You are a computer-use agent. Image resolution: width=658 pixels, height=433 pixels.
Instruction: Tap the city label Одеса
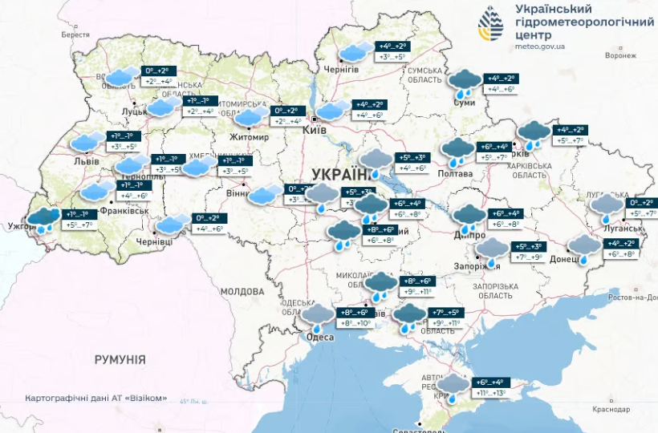click(321, 338)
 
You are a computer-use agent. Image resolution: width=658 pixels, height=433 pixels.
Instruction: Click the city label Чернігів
click(341, 71)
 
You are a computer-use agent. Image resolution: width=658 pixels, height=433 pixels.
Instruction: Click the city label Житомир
click(250, 136)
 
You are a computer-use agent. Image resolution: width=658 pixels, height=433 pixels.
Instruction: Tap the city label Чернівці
click(154, 241)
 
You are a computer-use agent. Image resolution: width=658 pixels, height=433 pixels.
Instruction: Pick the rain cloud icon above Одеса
click(319, 316)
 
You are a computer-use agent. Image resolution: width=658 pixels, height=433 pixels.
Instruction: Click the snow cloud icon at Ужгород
click(43, 220)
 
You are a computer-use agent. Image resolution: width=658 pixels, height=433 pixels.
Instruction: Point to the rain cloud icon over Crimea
click(454, 386)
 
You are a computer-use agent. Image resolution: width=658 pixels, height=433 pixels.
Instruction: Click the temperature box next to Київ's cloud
click(369, 110)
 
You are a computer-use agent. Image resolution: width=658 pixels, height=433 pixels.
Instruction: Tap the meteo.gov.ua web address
click(539, 47)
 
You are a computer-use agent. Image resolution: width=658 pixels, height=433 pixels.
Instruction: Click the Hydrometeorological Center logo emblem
click(491, 24)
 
